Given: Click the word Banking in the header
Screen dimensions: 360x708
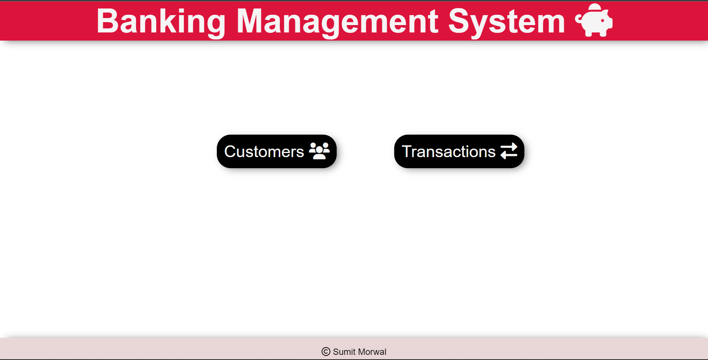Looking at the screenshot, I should click(161, 21).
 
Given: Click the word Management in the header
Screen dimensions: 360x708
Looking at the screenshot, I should click(337, 21).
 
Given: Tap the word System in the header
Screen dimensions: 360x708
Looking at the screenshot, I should click(506, 21).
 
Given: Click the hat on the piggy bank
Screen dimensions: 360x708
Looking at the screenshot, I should click(595, 7).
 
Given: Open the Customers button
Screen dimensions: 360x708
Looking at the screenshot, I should click(277, 151).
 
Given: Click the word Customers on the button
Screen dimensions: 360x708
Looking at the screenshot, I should click(264, 152).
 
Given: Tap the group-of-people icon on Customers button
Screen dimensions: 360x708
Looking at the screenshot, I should click(319, 151).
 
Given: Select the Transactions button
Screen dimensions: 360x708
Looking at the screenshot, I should click(459, 151).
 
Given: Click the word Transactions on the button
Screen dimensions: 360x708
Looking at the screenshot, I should click(448, 152).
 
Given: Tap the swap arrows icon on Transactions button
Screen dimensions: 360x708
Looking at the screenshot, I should click(509, 151).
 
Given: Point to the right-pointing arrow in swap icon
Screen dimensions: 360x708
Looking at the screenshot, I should click(510, 147).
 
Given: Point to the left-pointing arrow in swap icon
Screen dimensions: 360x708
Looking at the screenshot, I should click(507, 155).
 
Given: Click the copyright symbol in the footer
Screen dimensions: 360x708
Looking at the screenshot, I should click(326, 352).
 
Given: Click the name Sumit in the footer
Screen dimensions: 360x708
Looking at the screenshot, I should click(344, 352).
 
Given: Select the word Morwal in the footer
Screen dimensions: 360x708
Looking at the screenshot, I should click(372, 352).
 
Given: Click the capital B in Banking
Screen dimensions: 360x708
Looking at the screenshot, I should click(107, 21).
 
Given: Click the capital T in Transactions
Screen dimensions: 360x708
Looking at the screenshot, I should click(407, 152).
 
